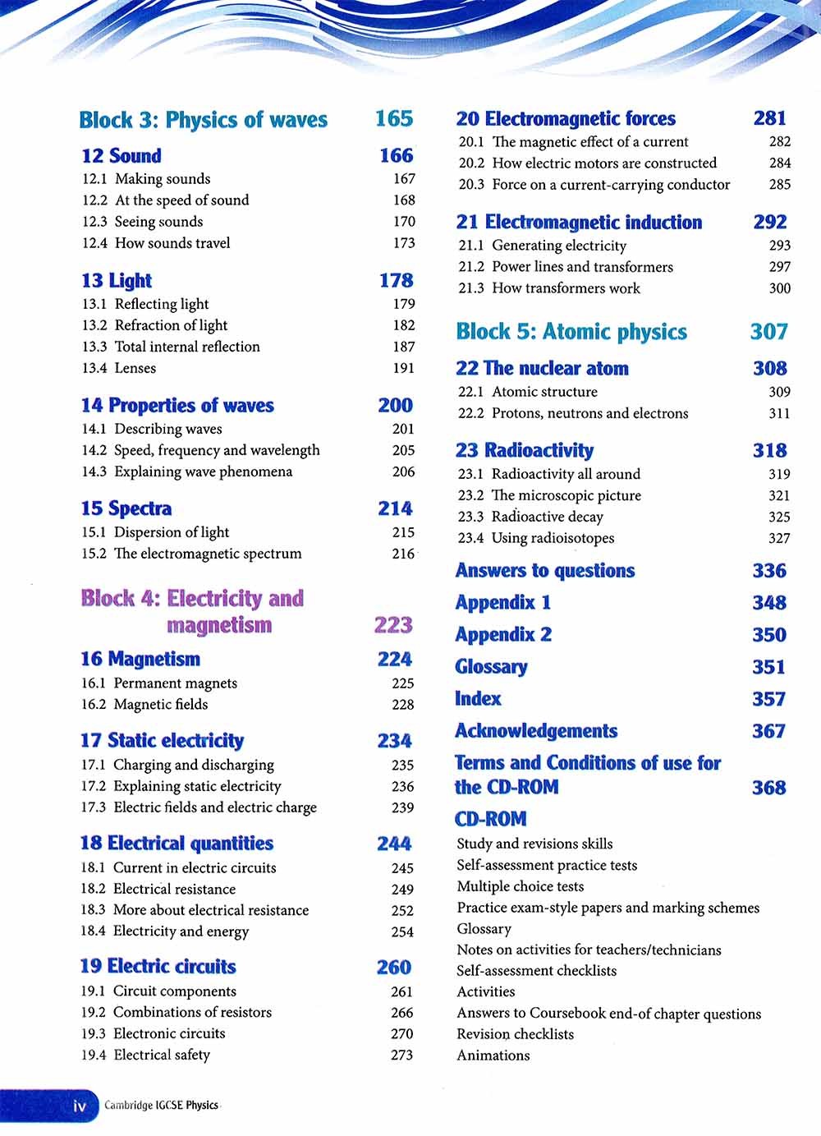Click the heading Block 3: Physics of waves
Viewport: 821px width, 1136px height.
pos(203,120)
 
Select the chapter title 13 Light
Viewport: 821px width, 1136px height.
pos(117,281)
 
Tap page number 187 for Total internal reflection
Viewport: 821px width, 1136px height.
pos(403,347)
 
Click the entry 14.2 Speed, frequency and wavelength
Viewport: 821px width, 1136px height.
pos(200,450)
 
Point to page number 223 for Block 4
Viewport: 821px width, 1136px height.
pos(393,625)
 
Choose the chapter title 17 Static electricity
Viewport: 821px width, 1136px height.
pos(162,741)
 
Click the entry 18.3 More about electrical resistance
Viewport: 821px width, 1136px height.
pos(195,910)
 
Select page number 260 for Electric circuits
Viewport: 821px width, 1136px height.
pos(394,967)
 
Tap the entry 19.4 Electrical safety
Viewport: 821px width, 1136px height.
pos(145,1055)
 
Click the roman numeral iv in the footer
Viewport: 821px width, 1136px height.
pos(80,1106)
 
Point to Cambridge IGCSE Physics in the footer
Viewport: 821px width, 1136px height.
pos(161,1106)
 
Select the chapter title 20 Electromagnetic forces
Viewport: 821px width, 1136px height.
pos(566,119)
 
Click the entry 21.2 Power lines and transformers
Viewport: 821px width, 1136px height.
pos(566,267)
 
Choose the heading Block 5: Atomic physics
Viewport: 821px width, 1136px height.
pos(571,332)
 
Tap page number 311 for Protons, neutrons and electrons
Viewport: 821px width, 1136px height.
pos(779,413)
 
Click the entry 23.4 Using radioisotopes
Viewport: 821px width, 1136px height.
pos(536,538)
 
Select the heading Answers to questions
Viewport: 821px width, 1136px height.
pos(545,571)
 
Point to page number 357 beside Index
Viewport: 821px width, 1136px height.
pos(768,699)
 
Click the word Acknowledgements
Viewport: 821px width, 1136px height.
pos(536,731)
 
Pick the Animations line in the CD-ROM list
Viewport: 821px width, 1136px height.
pos(493,1056)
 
